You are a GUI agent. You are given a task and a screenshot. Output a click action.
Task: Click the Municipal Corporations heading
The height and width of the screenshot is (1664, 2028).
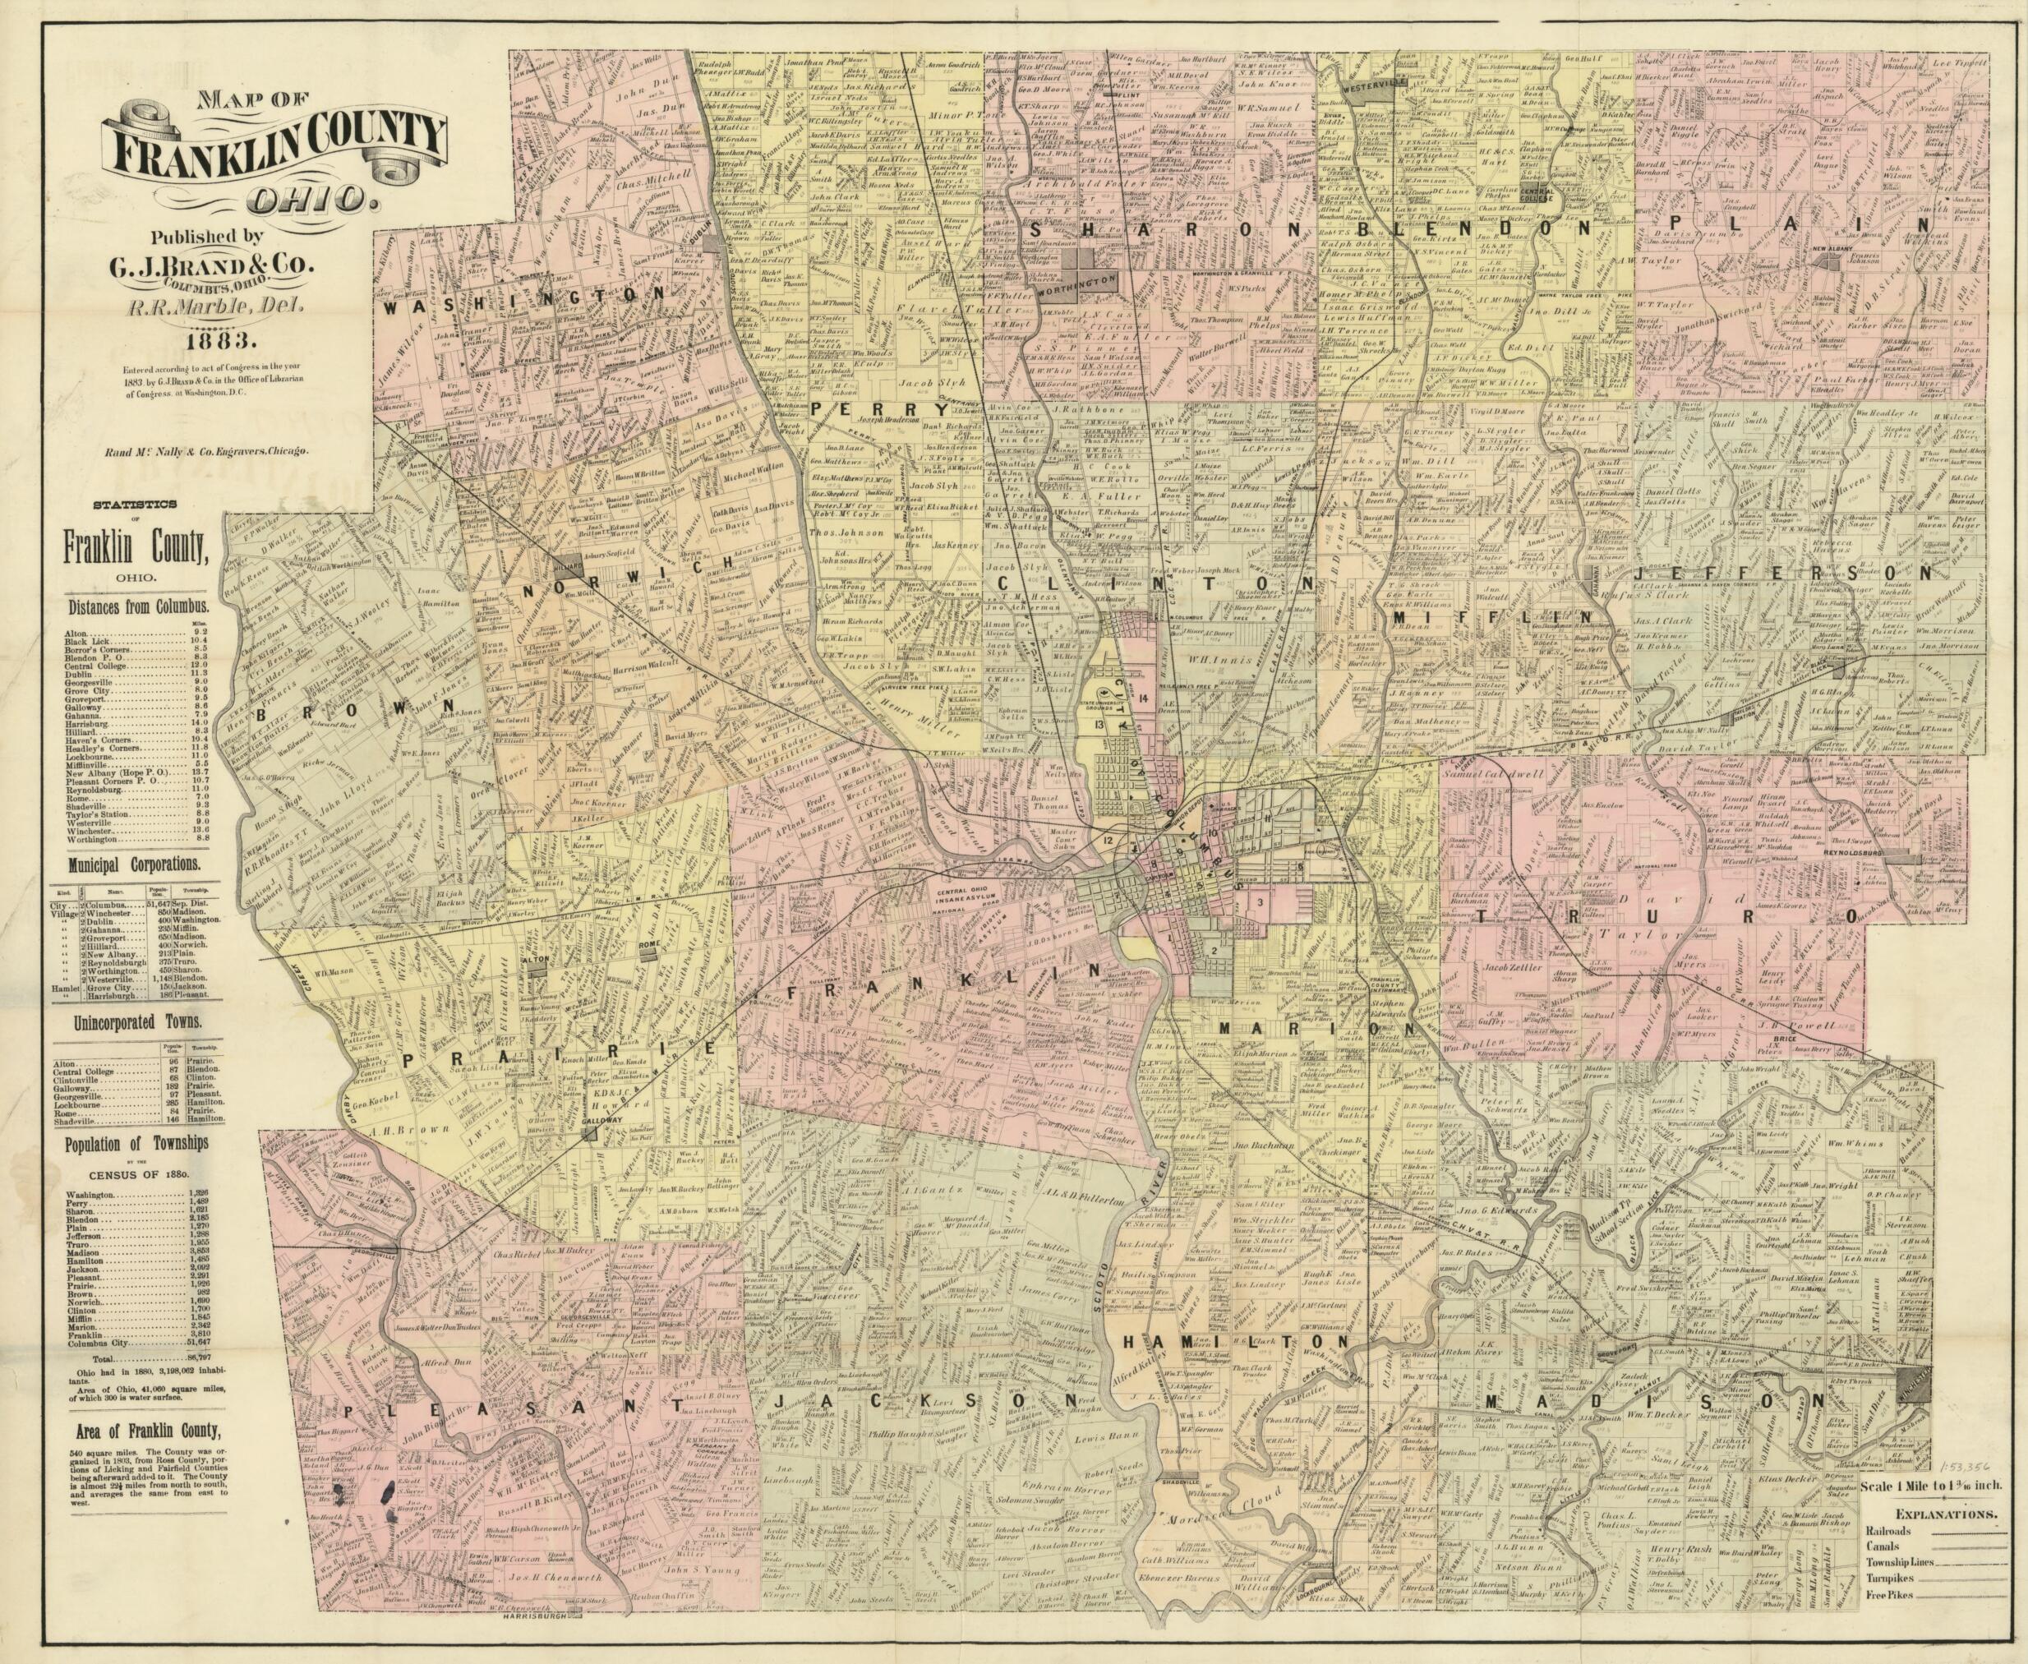133,862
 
